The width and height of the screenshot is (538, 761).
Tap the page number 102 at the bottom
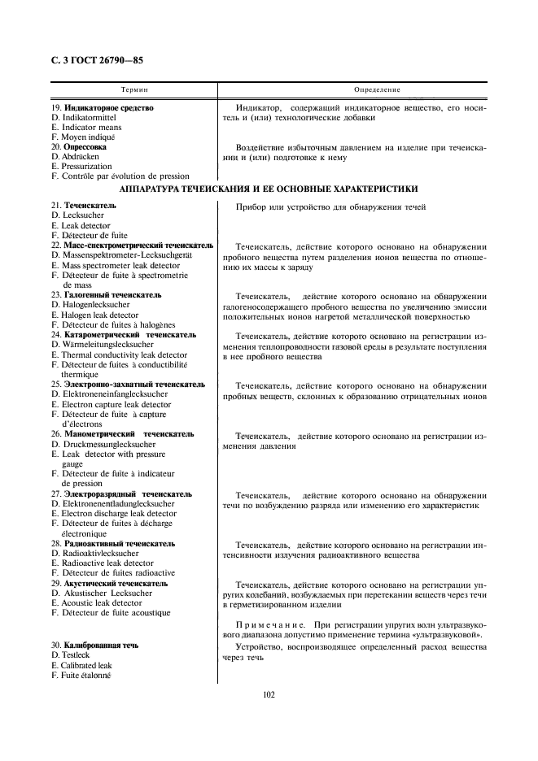[x=269, y=694]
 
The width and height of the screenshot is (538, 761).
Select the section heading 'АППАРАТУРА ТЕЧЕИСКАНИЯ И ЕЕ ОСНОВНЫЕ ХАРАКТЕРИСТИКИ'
[x=269, y=189]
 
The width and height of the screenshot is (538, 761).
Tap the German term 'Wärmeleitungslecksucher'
[x=108, y=345]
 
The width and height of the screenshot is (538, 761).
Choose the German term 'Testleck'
[x=76, y=654]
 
